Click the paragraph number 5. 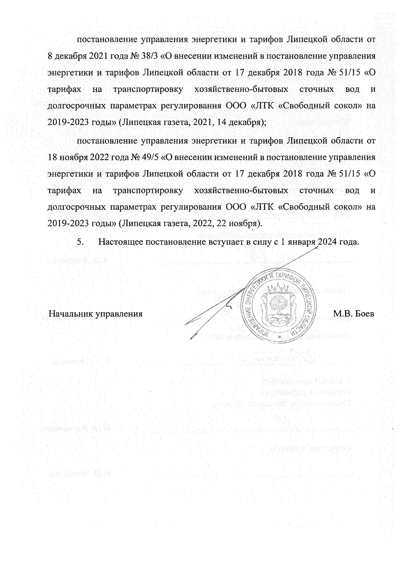(80, 242)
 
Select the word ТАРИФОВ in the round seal (288, 278)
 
